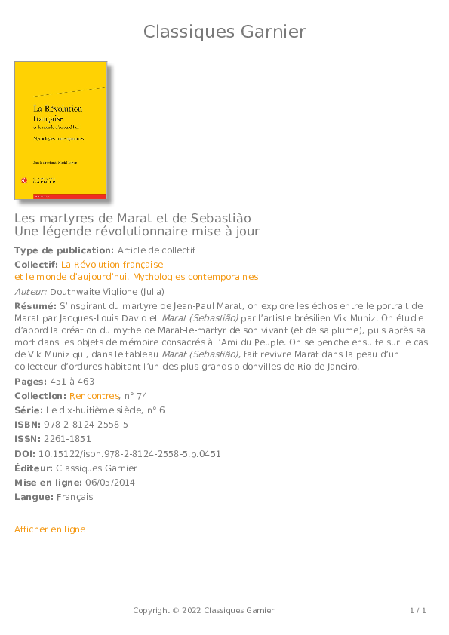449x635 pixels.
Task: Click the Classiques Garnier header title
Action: [x=224, y=32]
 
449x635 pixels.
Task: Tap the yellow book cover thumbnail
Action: [x=60, y=130]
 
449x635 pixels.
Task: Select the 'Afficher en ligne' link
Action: [x=50, y=529]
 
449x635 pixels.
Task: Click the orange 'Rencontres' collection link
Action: [x=94, y=396]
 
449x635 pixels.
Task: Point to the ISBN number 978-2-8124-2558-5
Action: [x=86, y=425]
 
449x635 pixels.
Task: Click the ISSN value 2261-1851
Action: [x=67, y=439]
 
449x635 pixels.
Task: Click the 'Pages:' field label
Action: [x=29, y=382]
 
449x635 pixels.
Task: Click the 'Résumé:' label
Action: [x=35, y=306]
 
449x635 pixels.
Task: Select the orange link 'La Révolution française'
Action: [x=112, y=265]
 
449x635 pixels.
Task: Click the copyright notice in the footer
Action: [x=204, y=610]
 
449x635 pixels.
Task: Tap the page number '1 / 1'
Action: [x=418, y=610]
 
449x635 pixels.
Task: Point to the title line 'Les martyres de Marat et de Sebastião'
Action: [x=132, y=218]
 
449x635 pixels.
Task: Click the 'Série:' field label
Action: [x=29, y=410]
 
